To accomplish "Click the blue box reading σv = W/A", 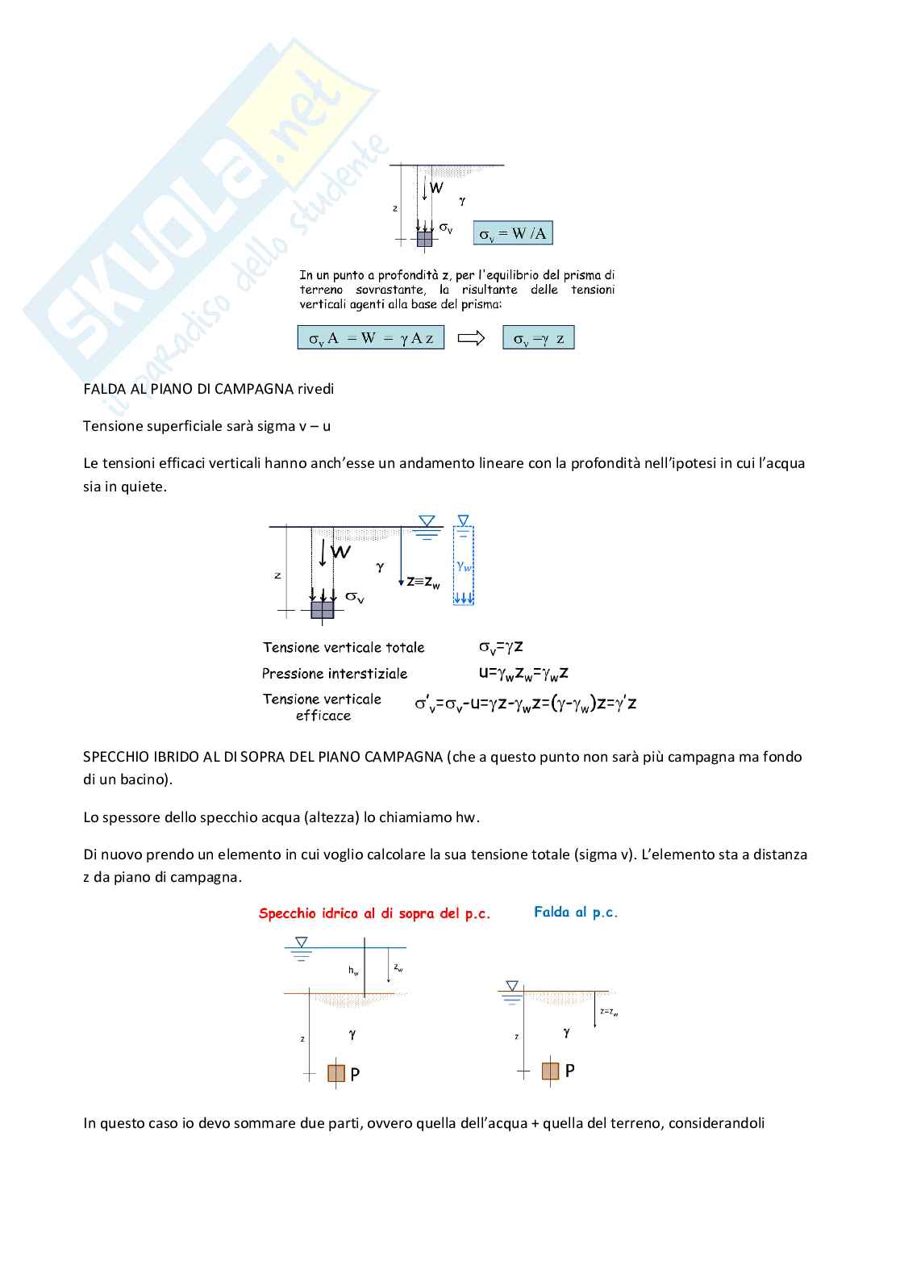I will coord(513,233).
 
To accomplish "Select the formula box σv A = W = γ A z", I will coord(371,338).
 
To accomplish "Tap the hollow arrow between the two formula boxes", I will coord(471,338).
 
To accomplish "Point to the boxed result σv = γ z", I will coord(539,338).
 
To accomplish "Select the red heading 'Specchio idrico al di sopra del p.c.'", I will coord(374,913).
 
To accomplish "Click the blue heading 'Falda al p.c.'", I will coord(576,913).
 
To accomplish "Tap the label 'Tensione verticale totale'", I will coord(344,647).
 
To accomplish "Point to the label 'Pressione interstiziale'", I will coord(335,674).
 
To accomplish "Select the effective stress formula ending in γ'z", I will coord(526,704).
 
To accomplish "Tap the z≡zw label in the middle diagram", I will coord(423,581).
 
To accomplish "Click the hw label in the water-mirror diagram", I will coord(353,971).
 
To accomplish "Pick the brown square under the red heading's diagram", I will coord(336,1073).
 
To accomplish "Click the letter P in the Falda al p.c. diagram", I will coord(570,1071).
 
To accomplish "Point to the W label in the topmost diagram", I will coord(436,188).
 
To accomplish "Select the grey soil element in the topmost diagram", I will coord(425,239).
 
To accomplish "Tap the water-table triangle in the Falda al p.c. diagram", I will coord(512,986).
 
